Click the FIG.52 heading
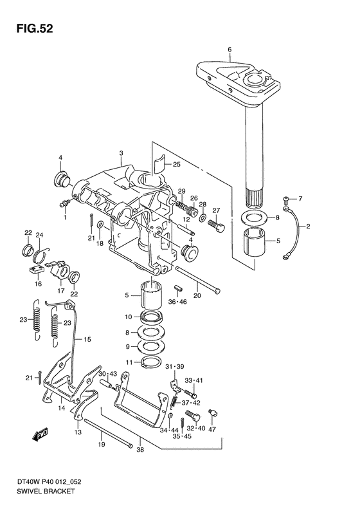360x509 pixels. (x=35, y=29)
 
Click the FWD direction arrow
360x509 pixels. (x=40, y=434)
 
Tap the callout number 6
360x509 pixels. (x=230, y=50)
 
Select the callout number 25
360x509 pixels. (x=176, y=165)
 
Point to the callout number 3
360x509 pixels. (x=121, y=153)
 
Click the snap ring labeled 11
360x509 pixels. (x=151, y=362)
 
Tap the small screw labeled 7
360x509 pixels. (x=285, y=198)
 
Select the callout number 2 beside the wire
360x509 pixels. (x=308, y=227)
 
